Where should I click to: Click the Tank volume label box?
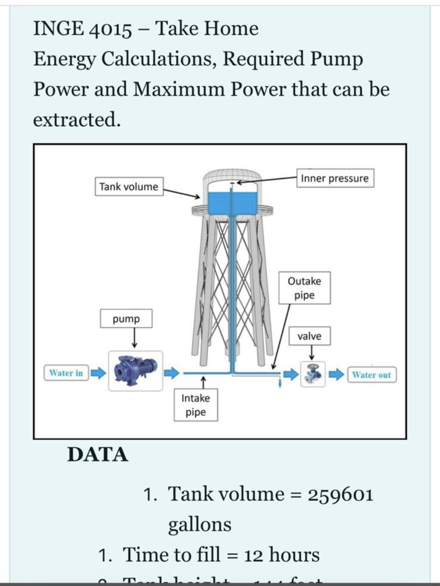[x=129, y=186]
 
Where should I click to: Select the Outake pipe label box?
[x=304, y=288]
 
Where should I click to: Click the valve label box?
[x=309, y=336]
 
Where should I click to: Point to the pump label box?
[x=126, y=319]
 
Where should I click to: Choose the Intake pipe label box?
[x=196, y=405]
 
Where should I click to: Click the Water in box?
[x=66, y=373]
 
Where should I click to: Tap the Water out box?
[x=371, y=375]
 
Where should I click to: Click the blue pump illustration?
[x=135, y=371]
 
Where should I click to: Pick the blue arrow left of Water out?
[x=337, y=374]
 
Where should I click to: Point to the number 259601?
[x=340, y=494]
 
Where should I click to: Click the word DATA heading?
[x=98, y=454]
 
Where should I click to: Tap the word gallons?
[x=199, y=524]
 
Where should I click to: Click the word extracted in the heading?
[x=76, y=120]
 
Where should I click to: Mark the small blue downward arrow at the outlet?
[x=279, y=382]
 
